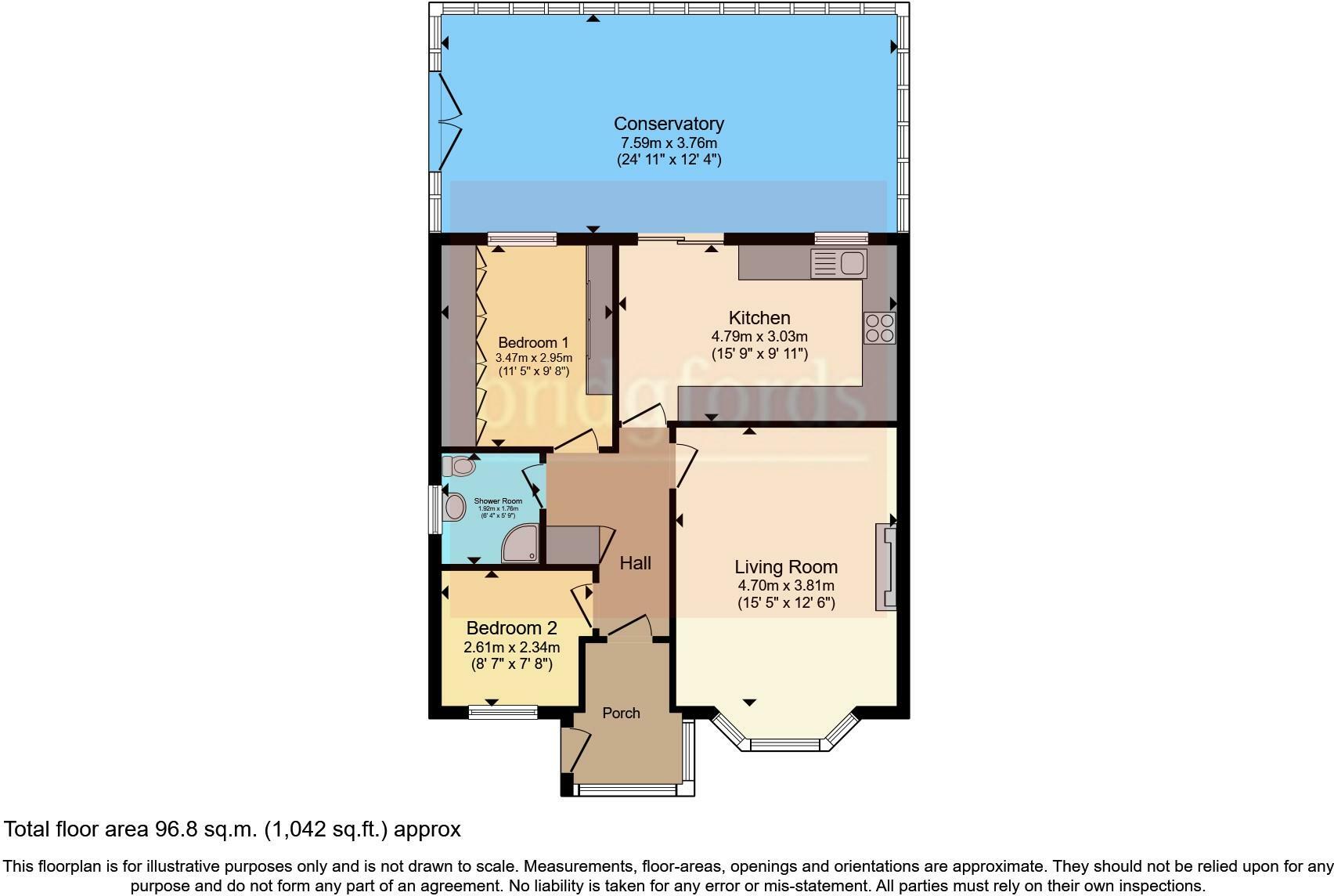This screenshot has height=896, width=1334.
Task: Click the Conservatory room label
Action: [669, 124]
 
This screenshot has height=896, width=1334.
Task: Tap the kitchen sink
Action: [838, 263]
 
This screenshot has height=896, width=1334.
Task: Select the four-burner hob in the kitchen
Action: [879, 328]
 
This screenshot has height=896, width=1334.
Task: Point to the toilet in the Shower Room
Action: [460, 467]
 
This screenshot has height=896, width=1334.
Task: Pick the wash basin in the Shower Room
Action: [454, 507]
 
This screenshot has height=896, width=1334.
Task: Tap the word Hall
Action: [635, 563]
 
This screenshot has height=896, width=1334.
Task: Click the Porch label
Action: [621, 714]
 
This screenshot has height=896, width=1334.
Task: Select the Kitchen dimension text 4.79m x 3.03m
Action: [759, 337]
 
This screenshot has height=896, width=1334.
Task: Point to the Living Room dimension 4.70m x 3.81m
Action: [786, 586]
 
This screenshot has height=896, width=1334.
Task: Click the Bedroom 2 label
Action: [511, 628]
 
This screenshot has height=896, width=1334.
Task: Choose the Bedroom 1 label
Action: [533, 343]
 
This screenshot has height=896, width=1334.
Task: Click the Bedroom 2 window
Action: [503, 712]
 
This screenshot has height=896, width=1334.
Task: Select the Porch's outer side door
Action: [577, 750]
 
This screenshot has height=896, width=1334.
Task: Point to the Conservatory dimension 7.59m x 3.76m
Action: [669, 143]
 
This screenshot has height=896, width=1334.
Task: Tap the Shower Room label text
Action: [498, 501]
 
